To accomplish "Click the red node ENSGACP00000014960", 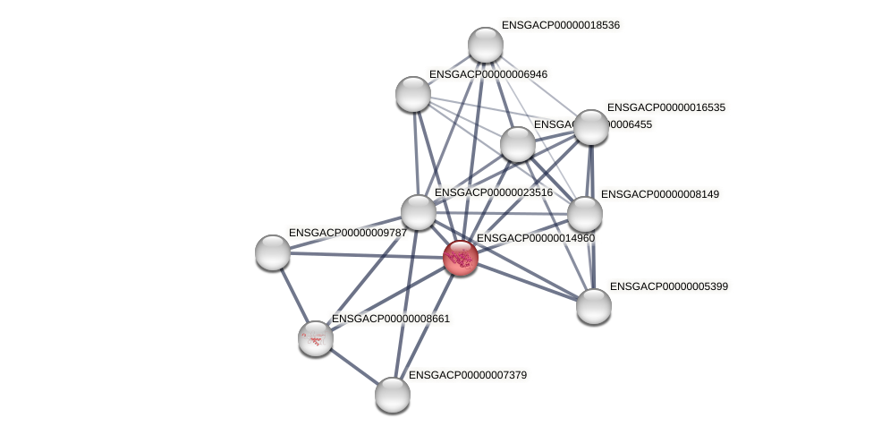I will (461, 258).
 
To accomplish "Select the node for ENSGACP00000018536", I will (486, 45).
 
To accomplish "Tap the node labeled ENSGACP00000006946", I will (413, 94).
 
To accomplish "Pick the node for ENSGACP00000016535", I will (590, 127).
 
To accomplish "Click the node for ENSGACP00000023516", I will (419, 212).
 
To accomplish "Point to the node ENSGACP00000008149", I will (585, 214).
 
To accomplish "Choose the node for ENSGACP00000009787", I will (273, 252).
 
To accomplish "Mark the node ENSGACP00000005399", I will (594, 306).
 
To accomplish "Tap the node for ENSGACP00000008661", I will (316, 338).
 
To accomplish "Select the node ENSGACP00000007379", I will (393, 395).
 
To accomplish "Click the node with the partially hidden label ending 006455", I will (518, 144).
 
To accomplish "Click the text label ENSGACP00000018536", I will (561, 25).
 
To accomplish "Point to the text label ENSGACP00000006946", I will (488, 74).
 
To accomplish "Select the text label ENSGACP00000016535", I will (666, 107).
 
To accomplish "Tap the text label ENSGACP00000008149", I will (660, 194).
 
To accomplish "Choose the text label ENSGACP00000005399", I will (669, 286).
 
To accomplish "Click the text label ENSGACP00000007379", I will (468, 375).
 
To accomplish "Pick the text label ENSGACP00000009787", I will (347, 233).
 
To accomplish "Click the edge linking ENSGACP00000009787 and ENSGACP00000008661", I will (293, 294).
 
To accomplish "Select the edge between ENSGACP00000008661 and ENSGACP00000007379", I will (354, 367).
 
